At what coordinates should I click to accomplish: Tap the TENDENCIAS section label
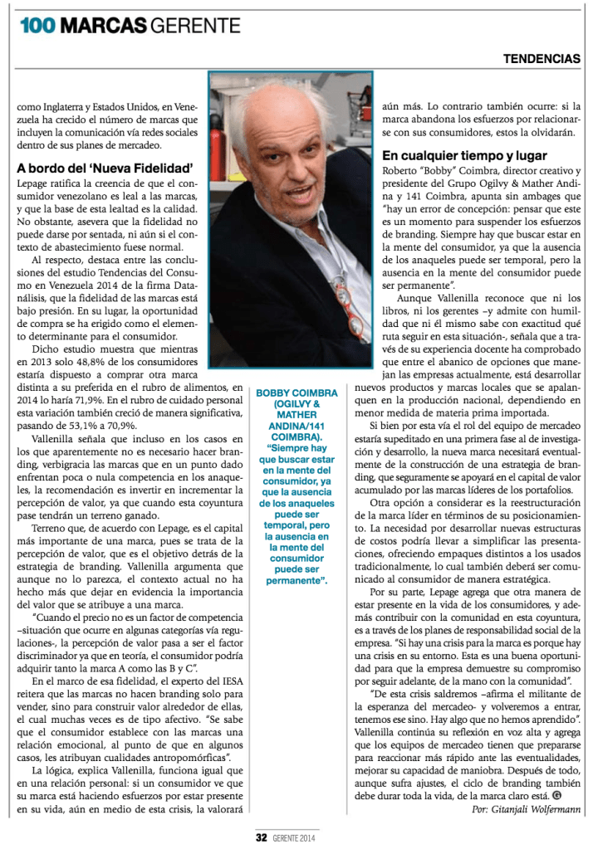click(x=542, y=59)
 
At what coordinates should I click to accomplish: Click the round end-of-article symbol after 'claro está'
click(x=557, y=794)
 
